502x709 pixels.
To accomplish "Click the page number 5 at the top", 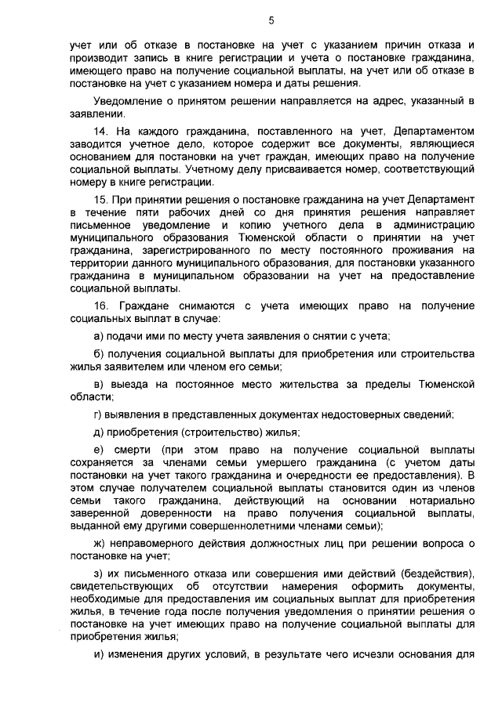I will tap(270, 20).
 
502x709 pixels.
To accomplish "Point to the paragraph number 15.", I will tap(100, 200).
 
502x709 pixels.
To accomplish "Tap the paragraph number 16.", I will tap(100, 304).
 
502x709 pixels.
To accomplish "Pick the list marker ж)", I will tap(99, 544).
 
